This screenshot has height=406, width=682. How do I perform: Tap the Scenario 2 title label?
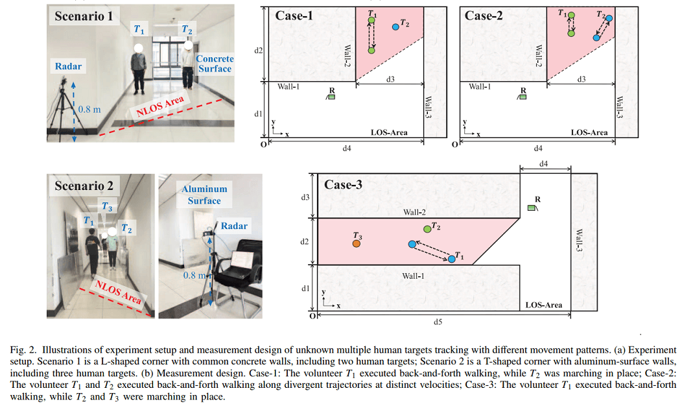[x=84, y=186]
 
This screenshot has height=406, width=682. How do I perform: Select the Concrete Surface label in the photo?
[x=215, y=64]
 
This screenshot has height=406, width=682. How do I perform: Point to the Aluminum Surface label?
[x=204, y=195]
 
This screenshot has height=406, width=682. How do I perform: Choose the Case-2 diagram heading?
[x=484, y=16]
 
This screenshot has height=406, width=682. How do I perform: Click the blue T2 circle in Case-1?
[x=395, y=27]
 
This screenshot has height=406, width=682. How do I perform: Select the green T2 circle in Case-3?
[x=427, y=228]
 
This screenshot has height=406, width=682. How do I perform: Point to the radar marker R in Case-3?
[x=532, y=208]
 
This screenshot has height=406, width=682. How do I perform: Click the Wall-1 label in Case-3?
[x=414, y=276]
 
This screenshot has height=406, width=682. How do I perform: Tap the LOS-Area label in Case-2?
[x=589, y=132]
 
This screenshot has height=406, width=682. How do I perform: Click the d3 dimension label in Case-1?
[x=391, y=79]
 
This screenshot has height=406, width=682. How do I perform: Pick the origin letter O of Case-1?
[x=263, y=144]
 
